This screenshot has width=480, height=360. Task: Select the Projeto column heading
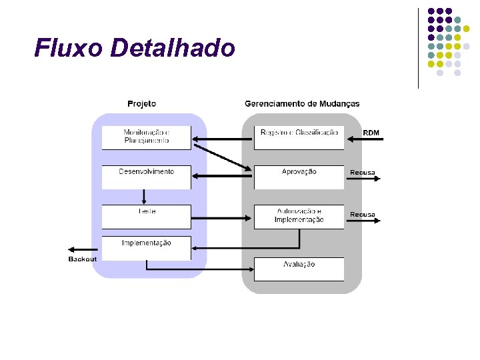tap(141, 103)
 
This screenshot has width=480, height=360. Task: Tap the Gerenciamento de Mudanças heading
tap(302, 103)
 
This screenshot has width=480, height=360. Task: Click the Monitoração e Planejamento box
tap(146, 137)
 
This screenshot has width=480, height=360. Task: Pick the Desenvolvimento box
tap(146, 177)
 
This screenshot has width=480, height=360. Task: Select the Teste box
tap(146, 216)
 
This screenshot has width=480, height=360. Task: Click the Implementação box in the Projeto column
tap(146, 247)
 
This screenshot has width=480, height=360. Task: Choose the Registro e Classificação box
tap(299, 137)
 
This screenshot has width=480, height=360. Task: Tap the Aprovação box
tap(299, 177)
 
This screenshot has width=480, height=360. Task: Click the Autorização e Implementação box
tap(299, 217)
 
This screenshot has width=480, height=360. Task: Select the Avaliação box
tap(299, 269)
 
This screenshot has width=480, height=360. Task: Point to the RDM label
tap(371, 133)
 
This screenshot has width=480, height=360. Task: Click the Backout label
tap(82, 259)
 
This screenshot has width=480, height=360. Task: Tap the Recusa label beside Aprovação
tap(363, 172)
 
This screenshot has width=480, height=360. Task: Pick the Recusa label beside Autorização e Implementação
tap(363, 215)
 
